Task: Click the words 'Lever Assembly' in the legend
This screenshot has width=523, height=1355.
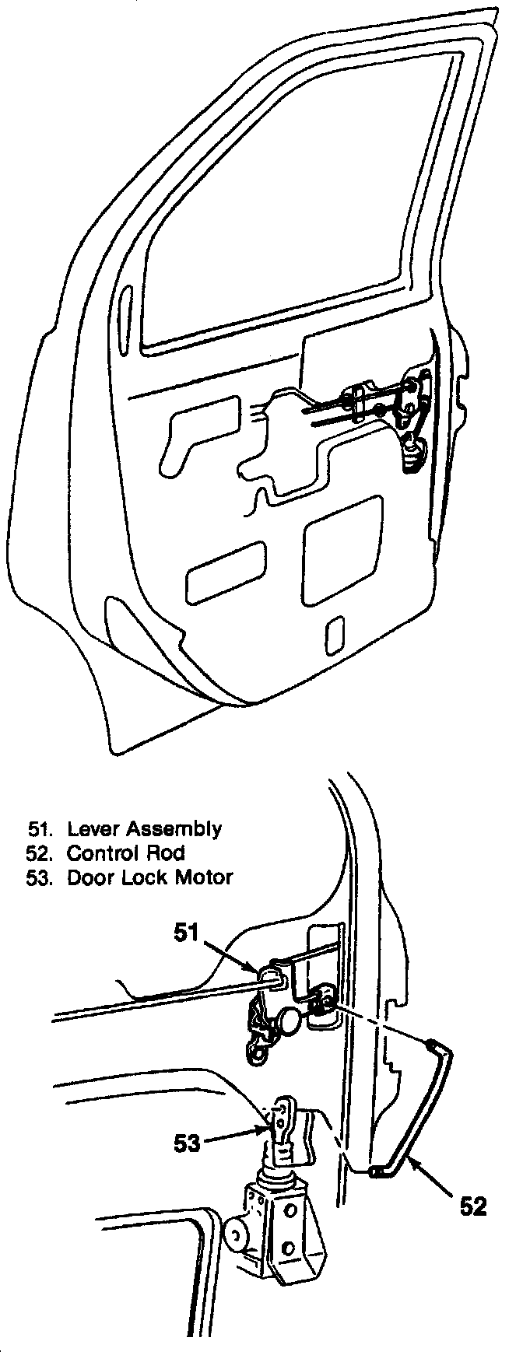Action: tap(144, 829)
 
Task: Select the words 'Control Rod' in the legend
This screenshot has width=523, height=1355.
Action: tap(125, 853)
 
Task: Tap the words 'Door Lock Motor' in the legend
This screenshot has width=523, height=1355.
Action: tap(149, 877)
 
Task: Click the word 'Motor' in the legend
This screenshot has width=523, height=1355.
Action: tap(205, 877)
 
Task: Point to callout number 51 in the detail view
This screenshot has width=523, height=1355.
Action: tap(188, 932)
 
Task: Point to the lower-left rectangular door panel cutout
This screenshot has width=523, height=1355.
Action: tap(225, 574)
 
